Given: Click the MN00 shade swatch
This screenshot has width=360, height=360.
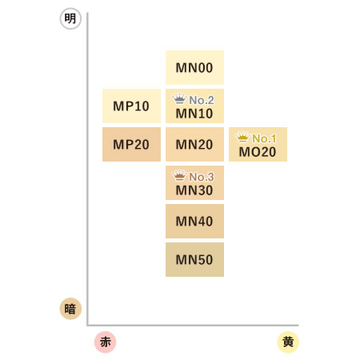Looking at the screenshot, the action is [x=194, y=67].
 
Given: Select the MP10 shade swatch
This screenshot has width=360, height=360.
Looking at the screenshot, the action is [x=131, y=106].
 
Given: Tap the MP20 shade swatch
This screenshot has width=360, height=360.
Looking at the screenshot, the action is [x=131, y=144].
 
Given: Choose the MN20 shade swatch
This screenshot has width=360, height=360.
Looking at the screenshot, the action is [x=194, y=144].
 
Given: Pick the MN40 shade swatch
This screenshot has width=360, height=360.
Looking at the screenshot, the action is [x=194, y=221].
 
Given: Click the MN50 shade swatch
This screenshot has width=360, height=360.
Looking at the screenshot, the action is [x=194, y=259].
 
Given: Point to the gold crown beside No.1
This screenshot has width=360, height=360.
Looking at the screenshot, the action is [x=242, y=137].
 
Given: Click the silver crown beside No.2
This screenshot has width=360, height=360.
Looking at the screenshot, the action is [x=179, y=98].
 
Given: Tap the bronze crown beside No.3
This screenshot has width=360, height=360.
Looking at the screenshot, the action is [x=179, y=175].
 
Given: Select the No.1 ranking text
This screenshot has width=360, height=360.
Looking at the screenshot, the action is [x=264, y=138].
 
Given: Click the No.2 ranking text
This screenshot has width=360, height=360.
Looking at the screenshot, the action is [x=202, y=100].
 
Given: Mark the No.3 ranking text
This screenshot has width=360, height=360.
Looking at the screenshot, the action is [x=202, y=177].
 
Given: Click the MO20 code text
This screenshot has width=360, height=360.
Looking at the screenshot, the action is [x=258, y=152].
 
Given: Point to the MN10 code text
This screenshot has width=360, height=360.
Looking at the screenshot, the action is [x=194, y=114].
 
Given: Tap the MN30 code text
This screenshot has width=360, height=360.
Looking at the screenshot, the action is [x=194, y=190].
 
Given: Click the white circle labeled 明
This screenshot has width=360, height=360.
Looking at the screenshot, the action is [x=70, y=18].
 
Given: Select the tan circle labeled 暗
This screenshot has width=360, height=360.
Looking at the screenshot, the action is [x=70, y=309].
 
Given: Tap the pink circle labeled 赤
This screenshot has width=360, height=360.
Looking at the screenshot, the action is [x=106, y=342].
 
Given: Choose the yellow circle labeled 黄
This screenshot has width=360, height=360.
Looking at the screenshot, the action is [x=288, y=342].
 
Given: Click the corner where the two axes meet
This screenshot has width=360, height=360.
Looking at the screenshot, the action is [x=87, y=325].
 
